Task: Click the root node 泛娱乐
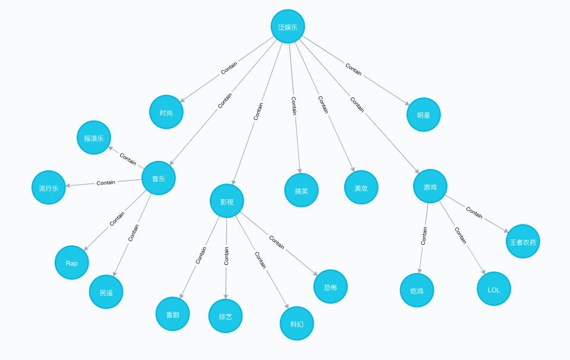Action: point(288,27)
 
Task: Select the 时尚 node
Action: point(166,112)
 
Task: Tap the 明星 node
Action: point(424,115)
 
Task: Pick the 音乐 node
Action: point(159,178)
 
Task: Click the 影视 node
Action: point(227,201)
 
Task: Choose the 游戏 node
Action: point(430,187)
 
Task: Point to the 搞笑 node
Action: point(301,191)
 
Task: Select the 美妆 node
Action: point(361,188)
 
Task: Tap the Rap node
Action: point(72,263)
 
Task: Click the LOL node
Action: point(494,289)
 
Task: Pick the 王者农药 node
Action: point(523,242)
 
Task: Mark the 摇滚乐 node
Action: point(94,138)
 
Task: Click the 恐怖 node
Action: point(330,287)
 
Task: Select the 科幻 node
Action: point(297,324)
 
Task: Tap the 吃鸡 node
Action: point(417,290)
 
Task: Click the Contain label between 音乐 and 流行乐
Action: point(106,182)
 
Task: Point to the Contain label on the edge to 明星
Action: point(353,70)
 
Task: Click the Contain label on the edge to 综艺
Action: point(226,256)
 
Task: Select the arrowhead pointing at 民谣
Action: point(114,274)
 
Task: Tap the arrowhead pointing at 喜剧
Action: point(181,296)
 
